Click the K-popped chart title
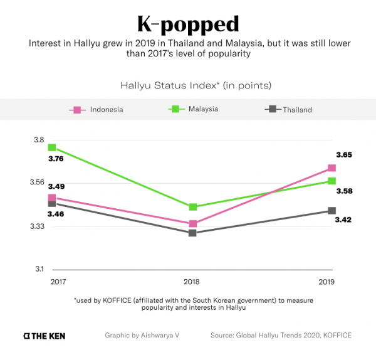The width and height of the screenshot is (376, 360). click(187, 24)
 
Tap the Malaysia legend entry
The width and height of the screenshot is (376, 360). click(194, 109)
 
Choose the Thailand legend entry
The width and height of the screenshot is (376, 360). click(289, 110)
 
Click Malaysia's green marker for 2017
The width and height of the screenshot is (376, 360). click(52, 148)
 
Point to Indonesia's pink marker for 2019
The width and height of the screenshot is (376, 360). click(332, 168)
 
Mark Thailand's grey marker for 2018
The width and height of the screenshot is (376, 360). click(192, 233)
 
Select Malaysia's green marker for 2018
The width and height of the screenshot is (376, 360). click(193, 207)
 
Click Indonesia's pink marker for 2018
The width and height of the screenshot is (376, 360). click(193, 224)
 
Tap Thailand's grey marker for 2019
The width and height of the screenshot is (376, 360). click(332, 211)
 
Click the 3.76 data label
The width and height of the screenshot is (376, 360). click(56, 159)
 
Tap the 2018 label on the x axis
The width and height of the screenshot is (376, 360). click(192, 282)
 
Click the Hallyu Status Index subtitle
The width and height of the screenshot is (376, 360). click(187, 84)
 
